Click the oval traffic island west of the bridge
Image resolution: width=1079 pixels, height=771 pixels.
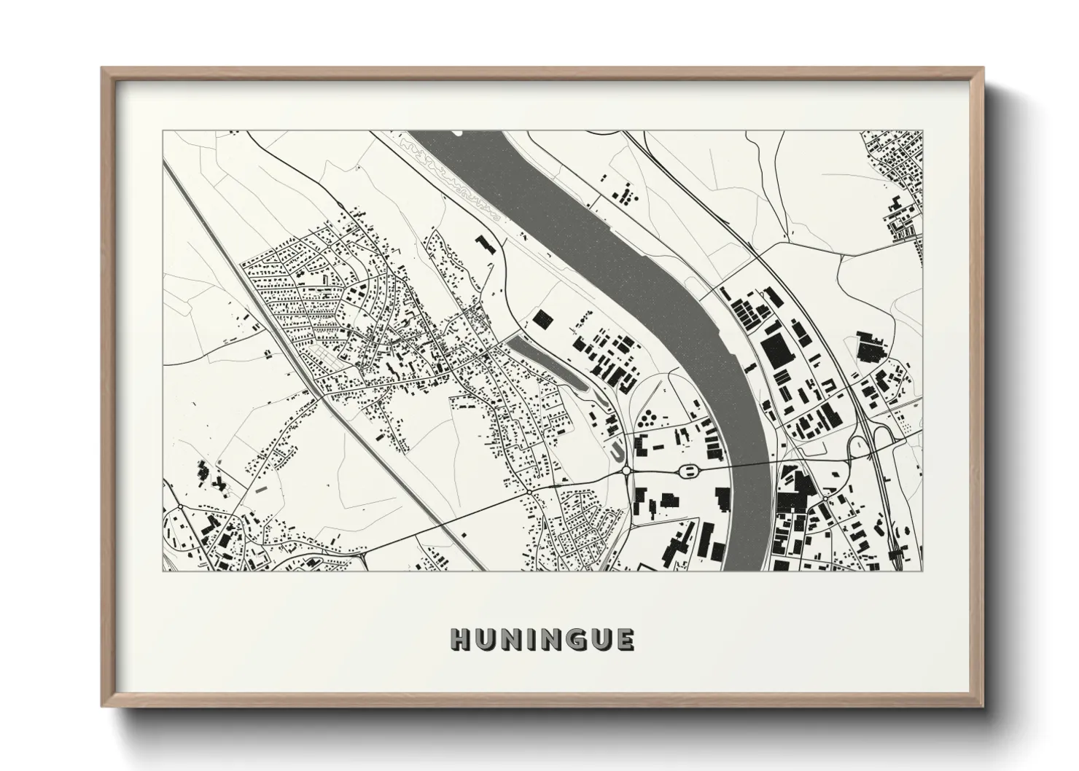(x=686, y=471)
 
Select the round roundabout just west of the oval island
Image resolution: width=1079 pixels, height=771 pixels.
(x=626, y=471)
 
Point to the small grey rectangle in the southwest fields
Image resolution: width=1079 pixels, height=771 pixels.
(x=260, y=489)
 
